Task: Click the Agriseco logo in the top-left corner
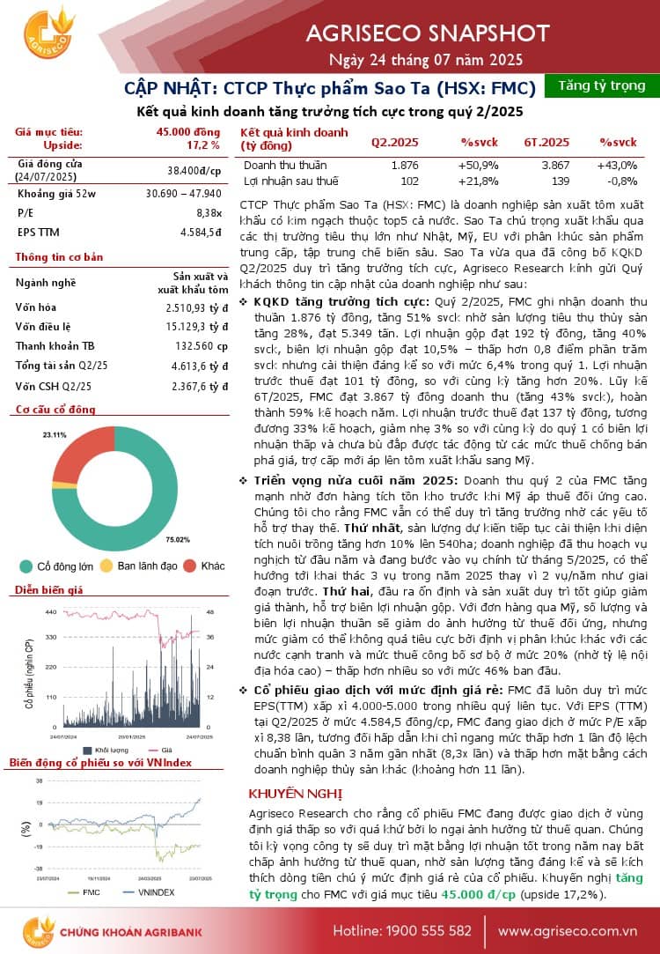(46, 34)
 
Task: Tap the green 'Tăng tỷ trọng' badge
(602, 85)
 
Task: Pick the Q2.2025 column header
(394, 142)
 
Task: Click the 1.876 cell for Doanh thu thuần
(405, 165)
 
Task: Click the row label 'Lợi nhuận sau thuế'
(290, 181)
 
